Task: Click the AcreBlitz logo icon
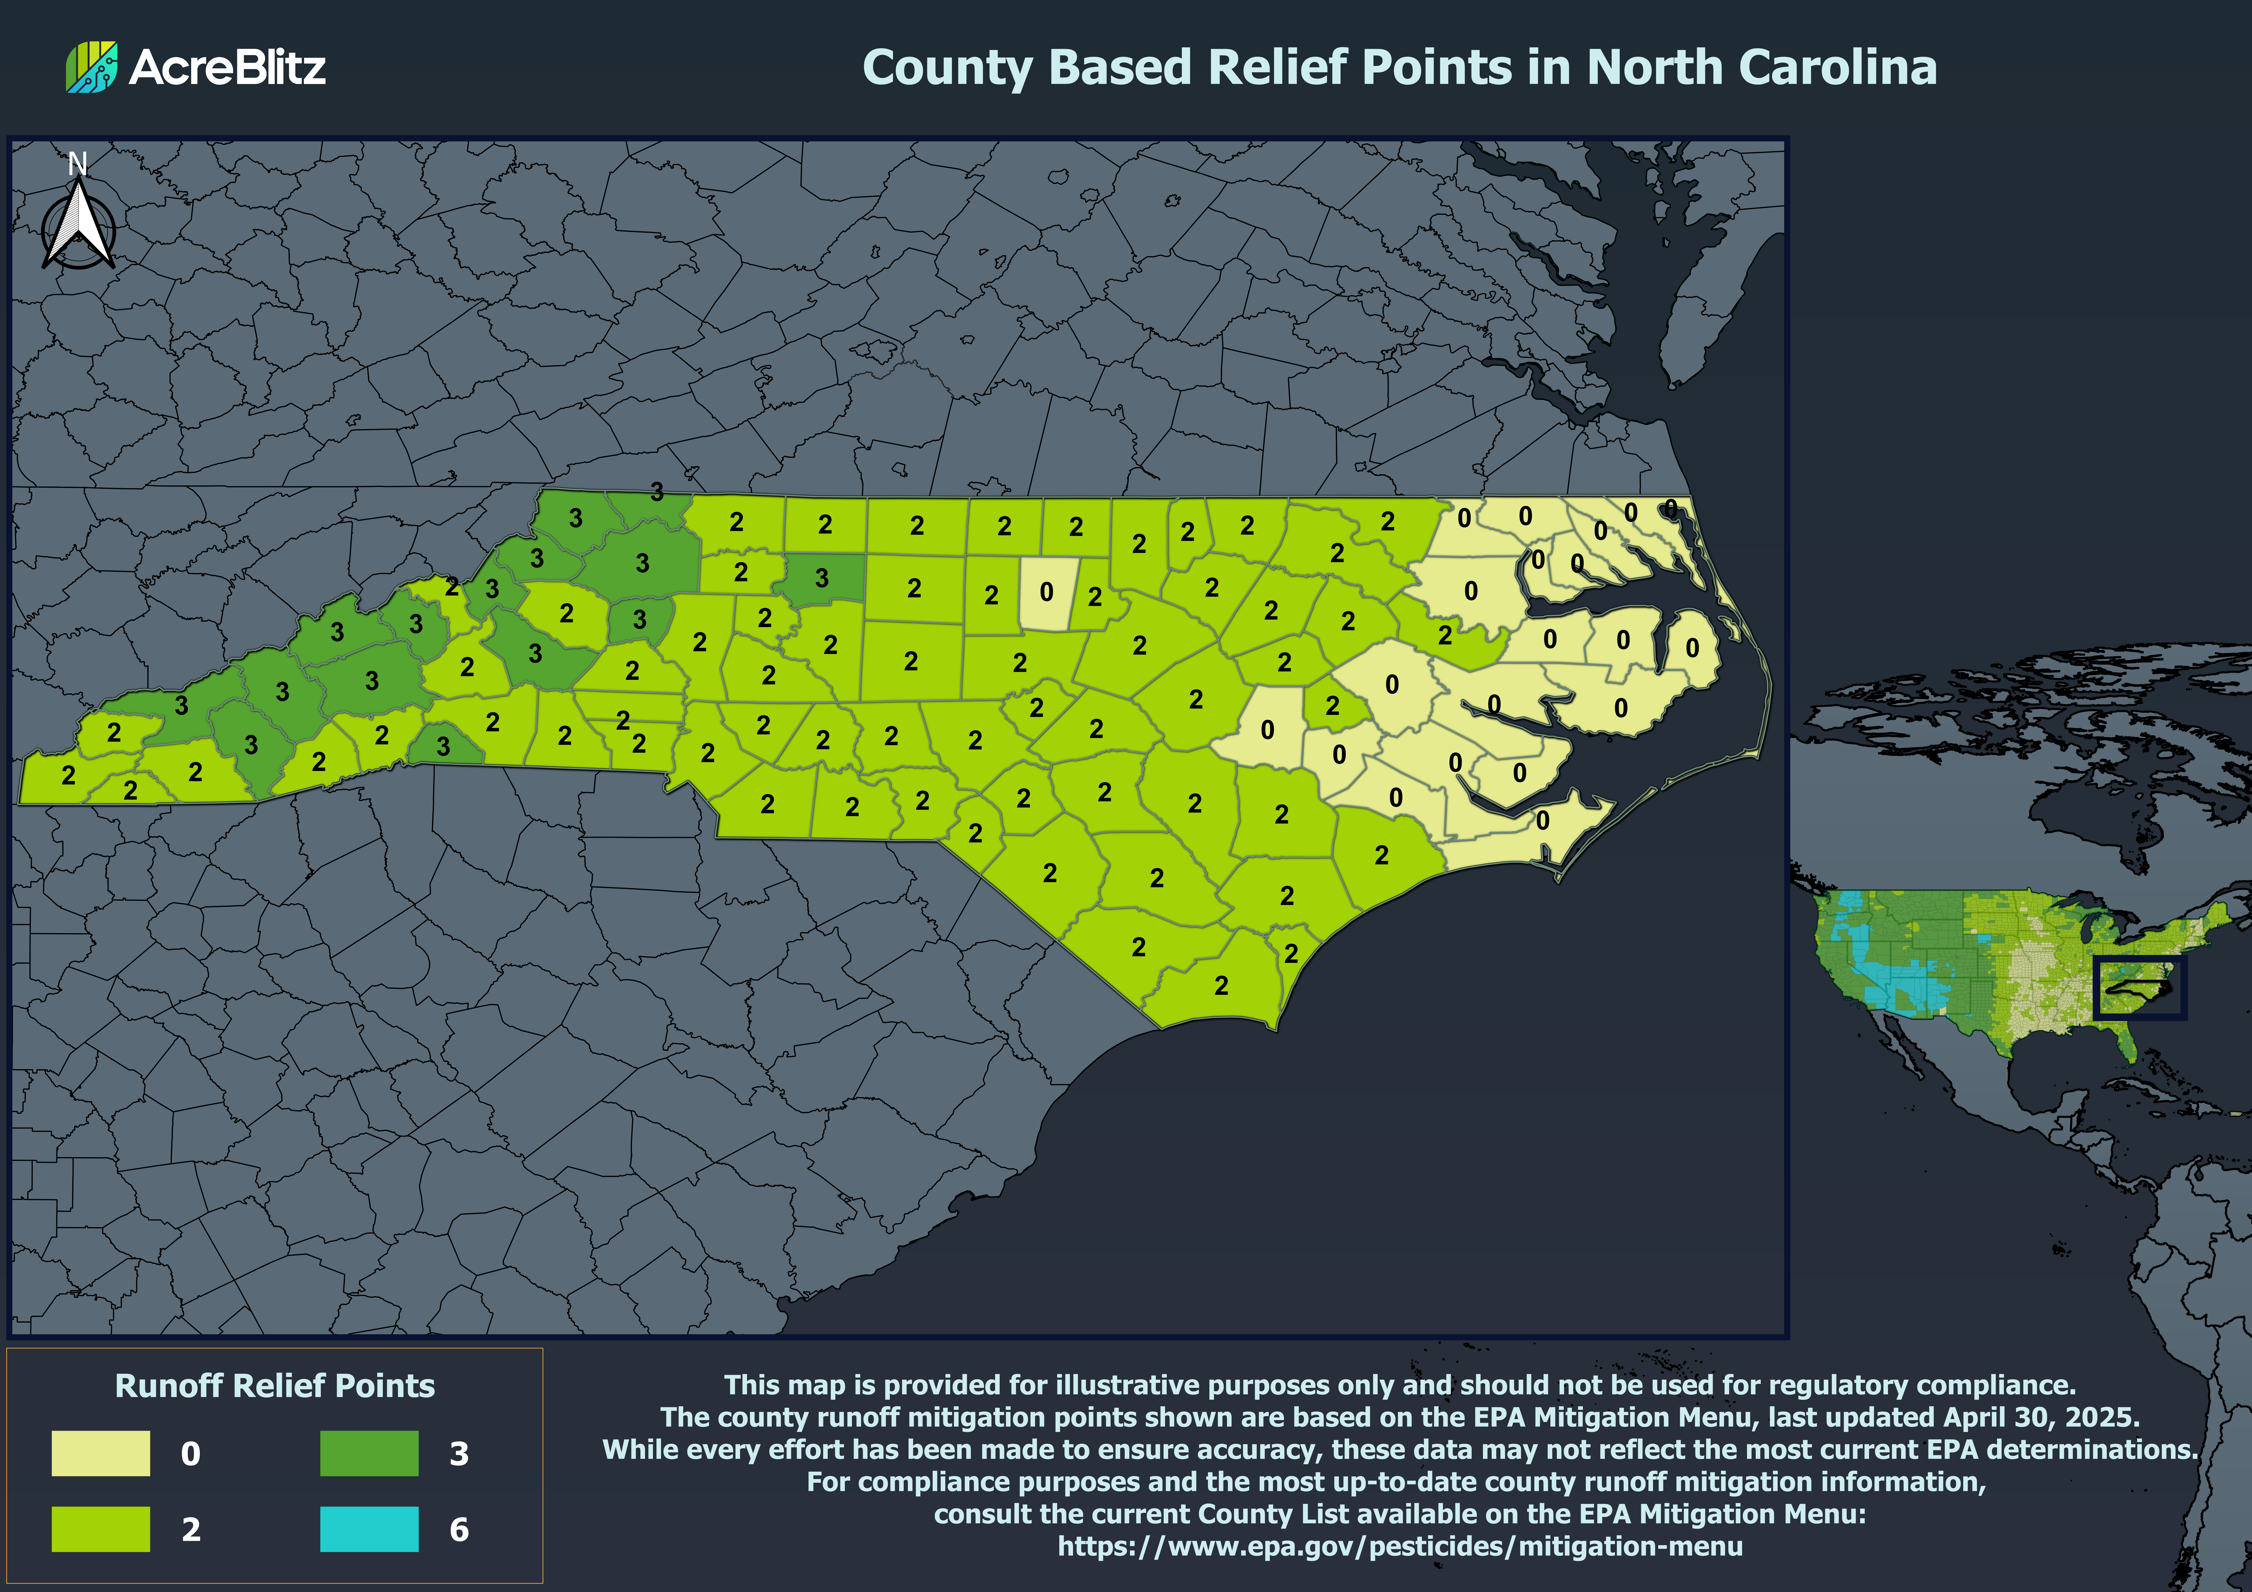[91, 67]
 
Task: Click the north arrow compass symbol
[78, 227]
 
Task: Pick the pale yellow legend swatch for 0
[101, 1453]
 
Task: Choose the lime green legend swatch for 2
[101, 1528]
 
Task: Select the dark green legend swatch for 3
[369, 1453]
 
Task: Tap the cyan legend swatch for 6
[369, 1528]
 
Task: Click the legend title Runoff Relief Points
[275, 1385]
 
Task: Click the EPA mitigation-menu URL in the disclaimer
[1400, 1546]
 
